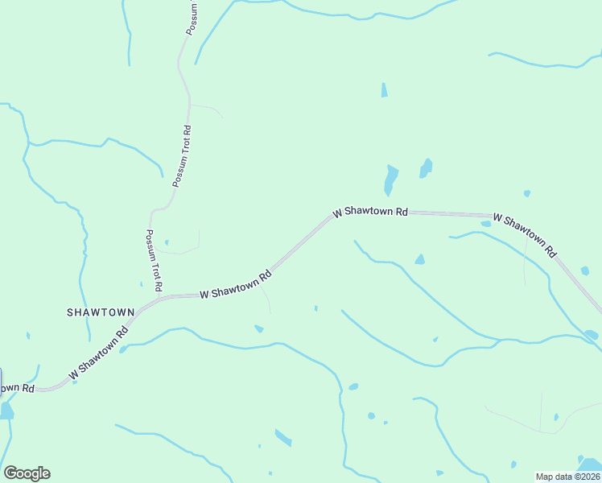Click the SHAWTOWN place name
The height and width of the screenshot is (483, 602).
pyautogui.click(x=100, y=312)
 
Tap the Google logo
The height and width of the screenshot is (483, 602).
pyautogui.click(x=27, y=473)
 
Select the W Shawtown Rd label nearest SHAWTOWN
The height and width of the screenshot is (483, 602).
pyautogui.click(x=98, y=352)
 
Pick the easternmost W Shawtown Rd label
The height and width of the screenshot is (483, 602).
pyautogui.click(x=524, y=234)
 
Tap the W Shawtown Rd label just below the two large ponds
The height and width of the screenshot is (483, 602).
pyautogui.click(x=370, y=213)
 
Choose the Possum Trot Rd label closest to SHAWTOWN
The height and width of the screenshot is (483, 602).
pyautogui.click(x=154, y=260)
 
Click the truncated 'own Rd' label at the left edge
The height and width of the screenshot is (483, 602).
pyautogui.click(x=16, y=388)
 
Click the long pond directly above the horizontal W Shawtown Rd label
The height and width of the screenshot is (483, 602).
pyautogui.click(x=390, y=180)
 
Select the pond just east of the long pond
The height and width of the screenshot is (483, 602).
pyautogui.click(x=425, y=167)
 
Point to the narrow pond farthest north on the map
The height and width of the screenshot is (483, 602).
pyautogui.click(x=384, y=90)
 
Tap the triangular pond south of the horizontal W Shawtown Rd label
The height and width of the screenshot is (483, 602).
pyautogui.click(x=419, y=259)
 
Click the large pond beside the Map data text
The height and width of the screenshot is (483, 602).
pyautogui.click(x=590, y=464)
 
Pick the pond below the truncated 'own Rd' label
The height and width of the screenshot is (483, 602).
pyautogui.click(x=6, y=411)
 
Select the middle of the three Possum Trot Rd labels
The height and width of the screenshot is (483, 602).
pyautogui.click(x=182, y=155)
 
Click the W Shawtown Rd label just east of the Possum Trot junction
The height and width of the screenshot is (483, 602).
pyautogui.click(x=235, y=285)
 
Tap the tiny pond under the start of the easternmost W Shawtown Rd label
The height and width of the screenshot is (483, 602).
pyautogui.click(x=485, y=224)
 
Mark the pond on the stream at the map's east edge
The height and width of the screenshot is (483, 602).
pyautogui.click(x=591, y=334)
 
